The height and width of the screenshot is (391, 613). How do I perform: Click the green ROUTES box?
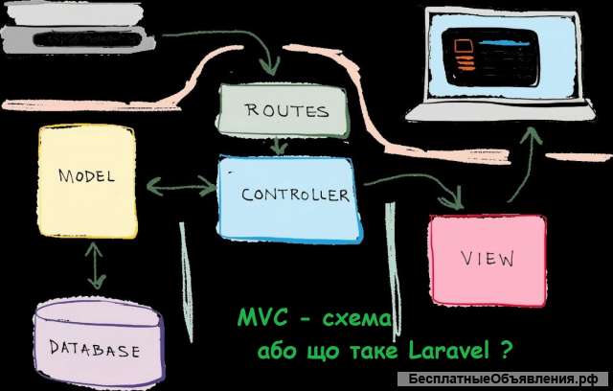tap(283, 110)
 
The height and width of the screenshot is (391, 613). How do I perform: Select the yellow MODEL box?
tap(87, 180)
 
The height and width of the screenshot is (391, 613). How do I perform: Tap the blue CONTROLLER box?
tap(289, 199)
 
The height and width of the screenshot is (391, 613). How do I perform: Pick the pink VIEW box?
tap(488, 260)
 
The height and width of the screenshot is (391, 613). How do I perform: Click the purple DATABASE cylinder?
tap(98, 341)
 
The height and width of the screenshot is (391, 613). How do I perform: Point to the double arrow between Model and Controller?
tap(182, 186)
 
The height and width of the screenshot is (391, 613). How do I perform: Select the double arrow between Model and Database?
tap(96, 265)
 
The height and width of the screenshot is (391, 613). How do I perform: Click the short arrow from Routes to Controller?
tap(279, 146)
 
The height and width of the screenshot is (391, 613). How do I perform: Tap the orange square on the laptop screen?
tap(464, 45)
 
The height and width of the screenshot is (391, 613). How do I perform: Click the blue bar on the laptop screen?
tap(505, 43)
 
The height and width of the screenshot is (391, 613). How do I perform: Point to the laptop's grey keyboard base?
tap(500, 110)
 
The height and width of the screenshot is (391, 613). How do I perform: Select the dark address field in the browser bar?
tap(87, 39)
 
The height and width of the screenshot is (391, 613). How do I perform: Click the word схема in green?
tap(356, 320)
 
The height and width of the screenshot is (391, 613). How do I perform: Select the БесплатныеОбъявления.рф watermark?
tap(504, 379)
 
